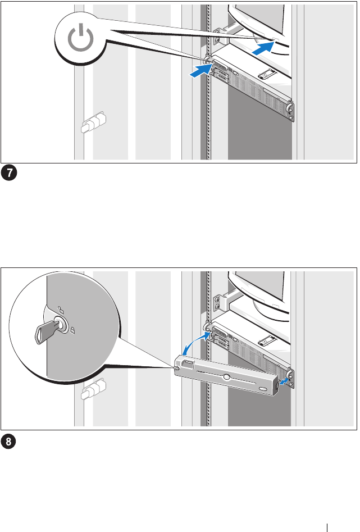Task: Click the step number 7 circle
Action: (x=9, y=172)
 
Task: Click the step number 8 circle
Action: (x=9, y=441)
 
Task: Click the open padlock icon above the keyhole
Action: (x=61, y=310)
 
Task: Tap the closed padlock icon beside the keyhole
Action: (x=72, y=329)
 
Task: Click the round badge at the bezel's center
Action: (x=226, y=376)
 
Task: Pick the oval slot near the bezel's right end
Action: (x=263, y=389)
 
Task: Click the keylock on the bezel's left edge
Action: (x=176, y=368)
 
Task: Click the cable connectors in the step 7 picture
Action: (x=93, y=122)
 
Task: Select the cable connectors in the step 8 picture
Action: (x=93, y=389)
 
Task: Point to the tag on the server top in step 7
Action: (x=266, y=74)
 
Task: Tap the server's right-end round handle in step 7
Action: (x=289, y=109)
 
